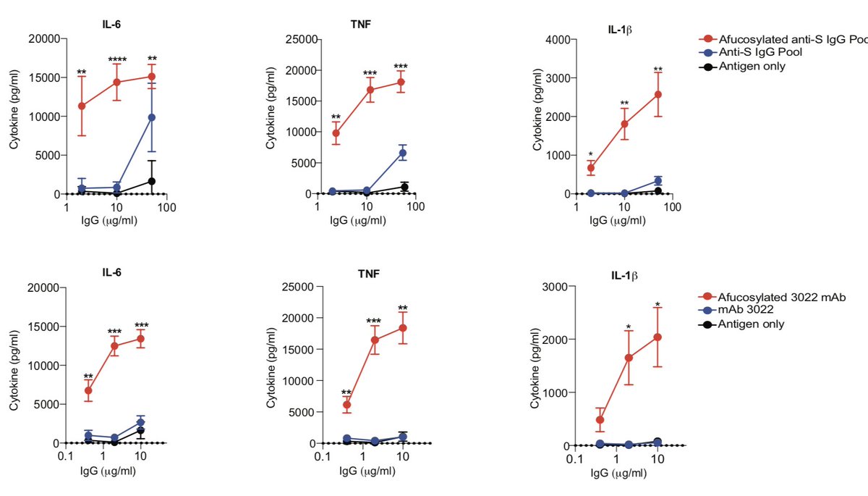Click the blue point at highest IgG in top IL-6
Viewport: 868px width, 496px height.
pos(152,117)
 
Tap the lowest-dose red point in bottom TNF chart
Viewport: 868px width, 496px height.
pos(326,405)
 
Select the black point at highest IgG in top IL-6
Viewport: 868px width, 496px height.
pos(152,181)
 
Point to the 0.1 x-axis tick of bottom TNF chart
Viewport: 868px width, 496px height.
pos(319,458)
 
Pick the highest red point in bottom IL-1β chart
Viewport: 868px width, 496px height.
pos(658,337)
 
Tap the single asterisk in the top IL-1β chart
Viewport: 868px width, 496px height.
pos(591,154)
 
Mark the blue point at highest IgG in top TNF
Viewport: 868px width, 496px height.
pos(403,153)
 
